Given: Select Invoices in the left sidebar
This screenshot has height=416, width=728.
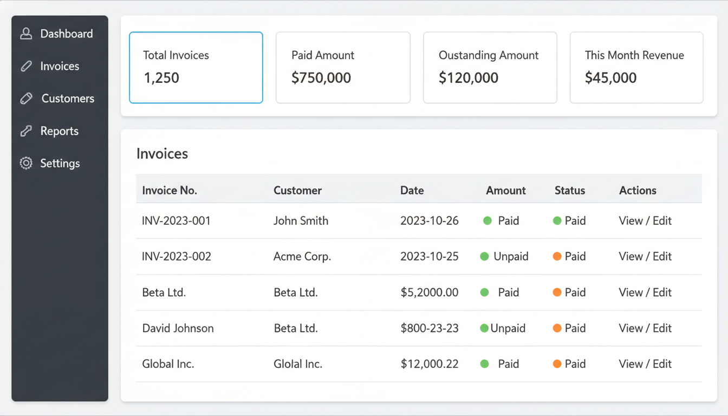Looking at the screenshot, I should pos(60,66).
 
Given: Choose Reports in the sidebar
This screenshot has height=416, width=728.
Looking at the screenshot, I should pos(59,131).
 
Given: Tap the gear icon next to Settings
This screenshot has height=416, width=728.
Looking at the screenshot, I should pos(26,164).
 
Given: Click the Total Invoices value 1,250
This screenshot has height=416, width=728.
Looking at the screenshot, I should pos(161,78).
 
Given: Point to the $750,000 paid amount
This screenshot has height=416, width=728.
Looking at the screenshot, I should pos(321,78).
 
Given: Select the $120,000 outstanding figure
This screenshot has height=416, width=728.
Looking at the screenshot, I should pos(469,78).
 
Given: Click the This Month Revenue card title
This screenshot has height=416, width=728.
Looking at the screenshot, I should pos(634,55).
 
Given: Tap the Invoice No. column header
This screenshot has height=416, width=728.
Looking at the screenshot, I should pos(170,191).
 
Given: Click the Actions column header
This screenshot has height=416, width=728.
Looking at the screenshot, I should pos(638,191).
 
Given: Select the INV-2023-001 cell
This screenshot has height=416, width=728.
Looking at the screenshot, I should pos(176,221).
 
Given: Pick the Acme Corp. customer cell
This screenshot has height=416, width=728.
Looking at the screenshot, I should pos(302,257).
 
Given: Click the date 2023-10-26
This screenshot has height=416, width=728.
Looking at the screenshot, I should pos(430,221).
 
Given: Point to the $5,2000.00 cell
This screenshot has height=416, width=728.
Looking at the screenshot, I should pos(430,292).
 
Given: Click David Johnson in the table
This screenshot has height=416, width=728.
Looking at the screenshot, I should pos(178,328).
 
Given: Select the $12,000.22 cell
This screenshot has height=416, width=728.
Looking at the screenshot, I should pos(430,364).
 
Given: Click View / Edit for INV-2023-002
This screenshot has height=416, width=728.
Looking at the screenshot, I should pos(645,257).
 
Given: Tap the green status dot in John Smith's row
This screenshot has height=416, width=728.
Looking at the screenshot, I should pos(557,221).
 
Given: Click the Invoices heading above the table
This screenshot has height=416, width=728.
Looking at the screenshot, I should pos(162,154).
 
